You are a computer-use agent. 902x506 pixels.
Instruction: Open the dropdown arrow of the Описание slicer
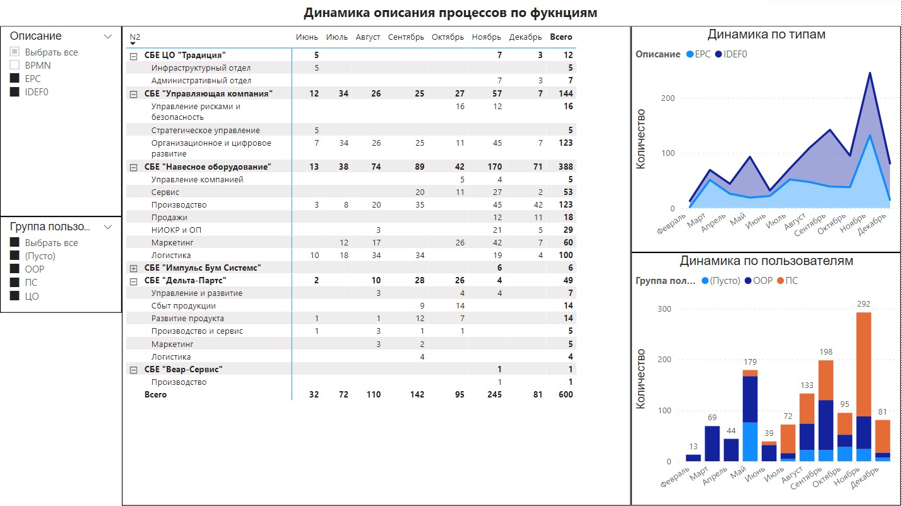107,37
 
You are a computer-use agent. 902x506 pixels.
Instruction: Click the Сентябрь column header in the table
406,37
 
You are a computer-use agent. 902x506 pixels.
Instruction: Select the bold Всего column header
561,37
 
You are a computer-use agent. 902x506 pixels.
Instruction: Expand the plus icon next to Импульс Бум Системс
133,268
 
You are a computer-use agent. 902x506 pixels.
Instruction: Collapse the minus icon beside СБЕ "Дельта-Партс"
133,281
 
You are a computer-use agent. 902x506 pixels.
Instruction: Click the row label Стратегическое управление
205,131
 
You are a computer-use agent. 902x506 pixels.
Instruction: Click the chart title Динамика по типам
766,35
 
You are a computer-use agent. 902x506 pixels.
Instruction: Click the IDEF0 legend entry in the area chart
732,54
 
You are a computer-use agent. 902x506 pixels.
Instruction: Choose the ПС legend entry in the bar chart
787,280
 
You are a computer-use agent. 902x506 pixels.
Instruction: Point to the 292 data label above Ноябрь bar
863,304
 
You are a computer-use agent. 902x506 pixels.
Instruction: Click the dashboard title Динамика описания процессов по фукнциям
450,13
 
